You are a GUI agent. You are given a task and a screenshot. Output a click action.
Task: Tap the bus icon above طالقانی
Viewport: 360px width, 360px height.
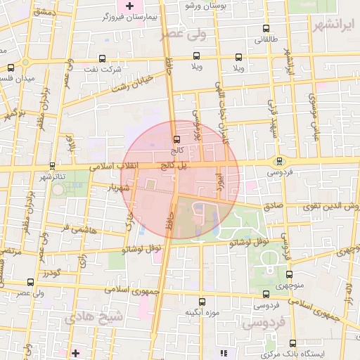(x=265, y=29)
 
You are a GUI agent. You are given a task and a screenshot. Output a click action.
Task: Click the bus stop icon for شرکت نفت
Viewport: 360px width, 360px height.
(x=103, y=58)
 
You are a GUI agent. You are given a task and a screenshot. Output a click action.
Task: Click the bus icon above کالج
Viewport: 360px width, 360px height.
(x=176, y=139)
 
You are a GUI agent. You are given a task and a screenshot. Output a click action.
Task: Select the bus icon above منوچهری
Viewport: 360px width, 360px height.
(x=288, y=275)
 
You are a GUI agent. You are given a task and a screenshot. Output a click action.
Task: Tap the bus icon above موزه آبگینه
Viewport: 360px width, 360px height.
(x=202, y=301)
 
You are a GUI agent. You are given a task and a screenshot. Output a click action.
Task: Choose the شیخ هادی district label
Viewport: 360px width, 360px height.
(x=94, y=318)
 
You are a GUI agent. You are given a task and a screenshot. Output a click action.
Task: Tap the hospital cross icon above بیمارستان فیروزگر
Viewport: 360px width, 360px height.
(x=129, y=6)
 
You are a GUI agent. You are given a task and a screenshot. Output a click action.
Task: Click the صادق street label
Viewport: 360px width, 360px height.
(x=274, y=207)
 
